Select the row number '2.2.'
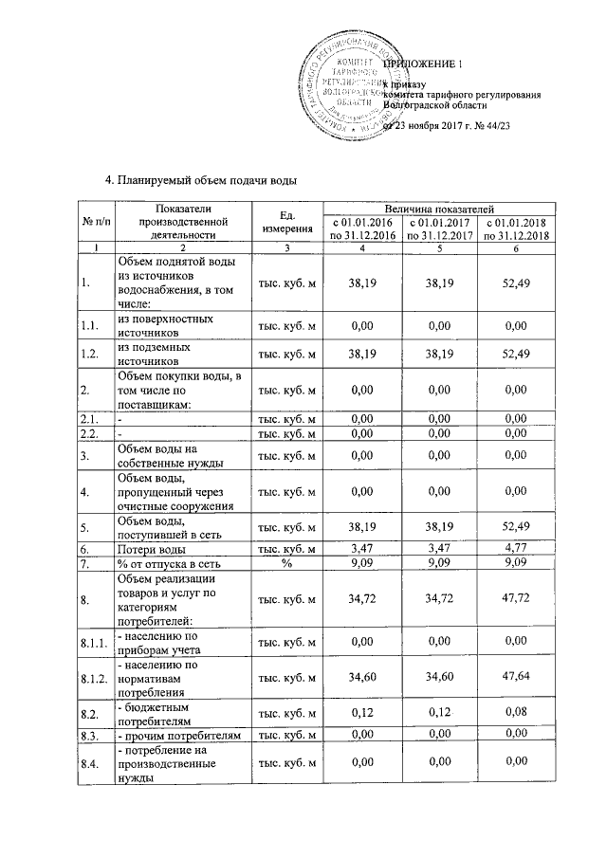click(91, 433)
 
